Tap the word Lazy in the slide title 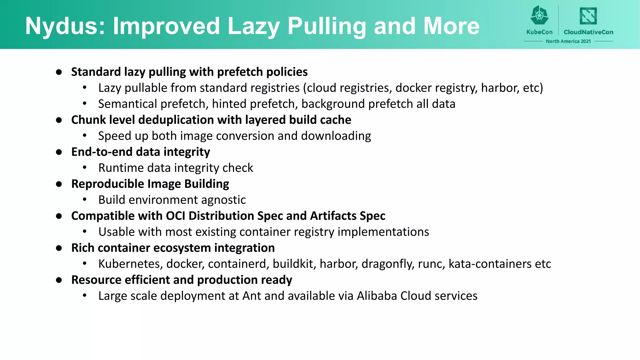(253, 26)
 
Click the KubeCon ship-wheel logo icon (539, 15)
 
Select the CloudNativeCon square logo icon (588, 16)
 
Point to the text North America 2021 (568, 41)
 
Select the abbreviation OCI (175, 216)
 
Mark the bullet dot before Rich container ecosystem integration (59, 248)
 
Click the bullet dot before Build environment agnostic (84, 200)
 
